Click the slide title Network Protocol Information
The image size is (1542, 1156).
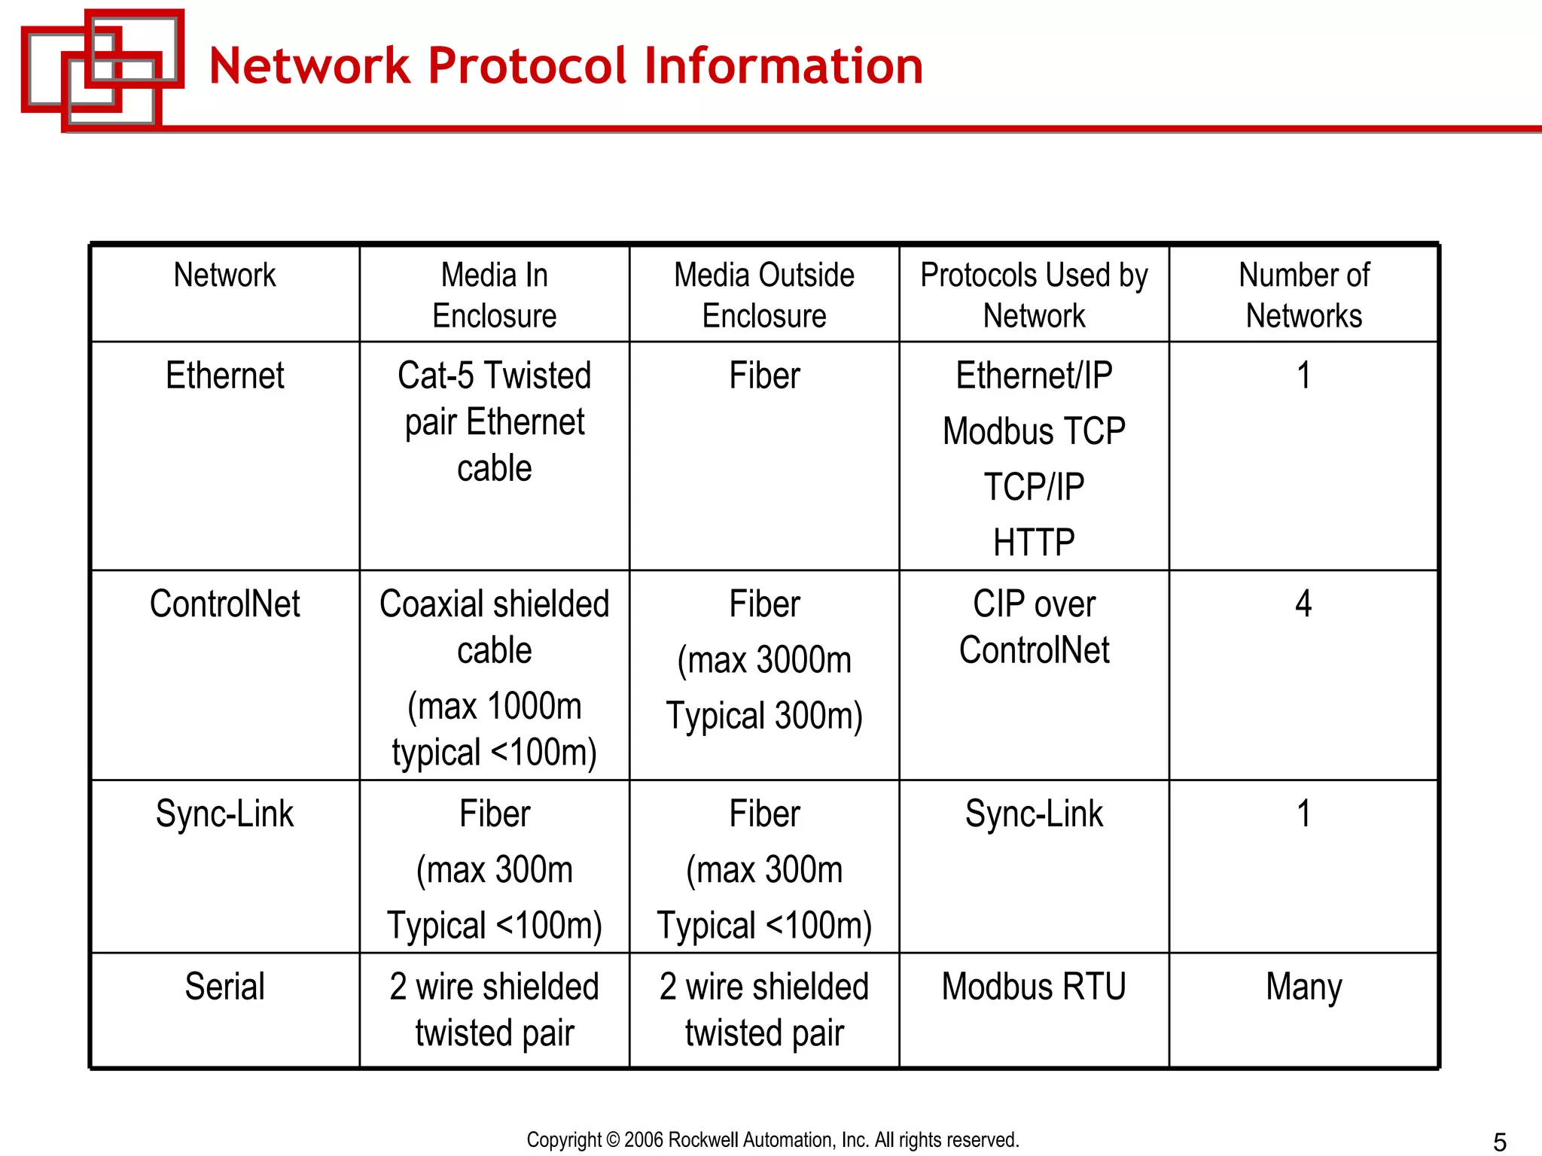point(565,66)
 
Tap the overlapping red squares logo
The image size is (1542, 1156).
point(102,68)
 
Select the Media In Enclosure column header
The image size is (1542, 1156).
point(494,295)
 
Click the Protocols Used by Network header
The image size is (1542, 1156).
point(1034,295)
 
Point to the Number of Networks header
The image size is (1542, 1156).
point(1303,295)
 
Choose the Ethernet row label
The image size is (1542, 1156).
point(224,376)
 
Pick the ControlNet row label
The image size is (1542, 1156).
point(224,604)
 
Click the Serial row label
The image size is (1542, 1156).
point(224,987)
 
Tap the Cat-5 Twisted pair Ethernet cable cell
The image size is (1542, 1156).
point(494,421)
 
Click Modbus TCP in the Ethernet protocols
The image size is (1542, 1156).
point(1034,432)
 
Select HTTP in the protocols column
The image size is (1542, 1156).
point(1034,543)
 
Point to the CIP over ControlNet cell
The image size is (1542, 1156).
point(1034,627)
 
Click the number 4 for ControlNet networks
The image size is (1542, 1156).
point(1303,604)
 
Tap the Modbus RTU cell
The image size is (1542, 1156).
point(1034,987)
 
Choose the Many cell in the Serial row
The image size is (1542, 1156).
point(1303,987)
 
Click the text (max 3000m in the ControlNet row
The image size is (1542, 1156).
point(764,661)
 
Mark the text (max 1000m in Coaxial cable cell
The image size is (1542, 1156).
point(494,707)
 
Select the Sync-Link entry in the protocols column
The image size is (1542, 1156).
point(1034,814)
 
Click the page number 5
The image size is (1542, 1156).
point(1499,1142)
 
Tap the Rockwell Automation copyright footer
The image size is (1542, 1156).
point(773,1140)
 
